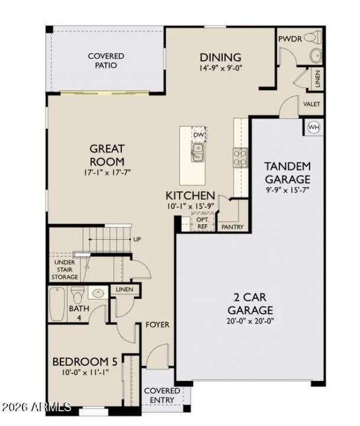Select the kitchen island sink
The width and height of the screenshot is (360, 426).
click(197, 152)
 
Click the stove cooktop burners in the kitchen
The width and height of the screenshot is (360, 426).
click(240, 157)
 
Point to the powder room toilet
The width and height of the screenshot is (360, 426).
click(314, 56)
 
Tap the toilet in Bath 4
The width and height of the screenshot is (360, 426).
click(78, 294)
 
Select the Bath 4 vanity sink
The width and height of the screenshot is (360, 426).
click(97, 293)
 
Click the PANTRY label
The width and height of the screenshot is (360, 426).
click(232, 227)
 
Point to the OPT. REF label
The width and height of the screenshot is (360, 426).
click(202, 222)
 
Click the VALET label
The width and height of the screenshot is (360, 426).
click(311, 104)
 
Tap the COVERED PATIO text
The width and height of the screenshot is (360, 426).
click(106, 60)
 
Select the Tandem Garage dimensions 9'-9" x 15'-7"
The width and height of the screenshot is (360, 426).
click(287, 190)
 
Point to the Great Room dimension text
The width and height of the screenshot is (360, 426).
click(107, 173)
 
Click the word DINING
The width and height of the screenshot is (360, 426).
click(220, 57)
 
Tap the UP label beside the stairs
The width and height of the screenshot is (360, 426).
click(137, 240)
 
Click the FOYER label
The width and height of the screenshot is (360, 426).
click(157, 325)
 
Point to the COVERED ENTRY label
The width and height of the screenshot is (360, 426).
click(162, 396)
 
